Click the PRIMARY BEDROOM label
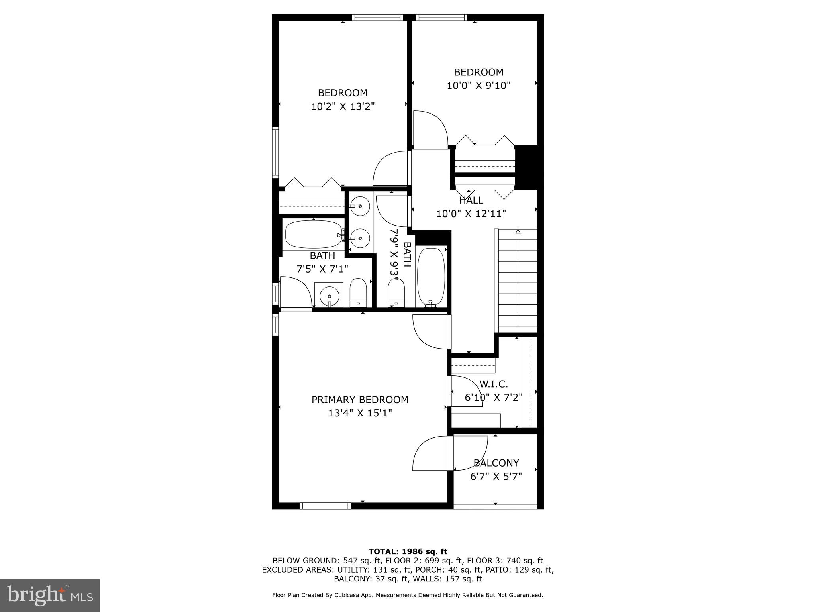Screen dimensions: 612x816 coord(360,400)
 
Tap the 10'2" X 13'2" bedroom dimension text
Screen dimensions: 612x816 coord(343,106)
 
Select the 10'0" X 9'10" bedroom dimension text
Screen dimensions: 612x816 coord(479,85)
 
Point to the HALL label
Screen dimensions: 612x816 coord(471,200)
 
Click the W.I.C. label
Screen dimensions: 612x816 coord(493,384)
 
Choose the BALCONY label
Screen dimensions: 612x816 coord(496,463)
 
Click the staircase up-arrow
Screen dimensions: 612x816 coord(518,232)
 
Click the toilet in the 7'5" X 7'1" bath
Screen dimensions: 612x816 coord(358,292)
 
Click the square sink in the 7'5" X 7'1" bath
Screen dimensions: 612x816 coord(329,295)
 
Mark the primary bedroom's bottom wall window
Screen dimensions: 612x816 coord(325,506)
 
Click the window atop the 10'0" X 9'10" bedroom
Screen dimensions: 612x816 coord(441,18)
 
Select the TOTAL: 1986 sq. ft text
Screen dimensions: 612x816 coord(408,551)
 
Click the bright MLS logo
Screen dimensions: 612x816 coord(50,595)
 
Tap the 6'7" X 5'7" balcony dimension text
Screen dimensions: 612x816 coord(496,477)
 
